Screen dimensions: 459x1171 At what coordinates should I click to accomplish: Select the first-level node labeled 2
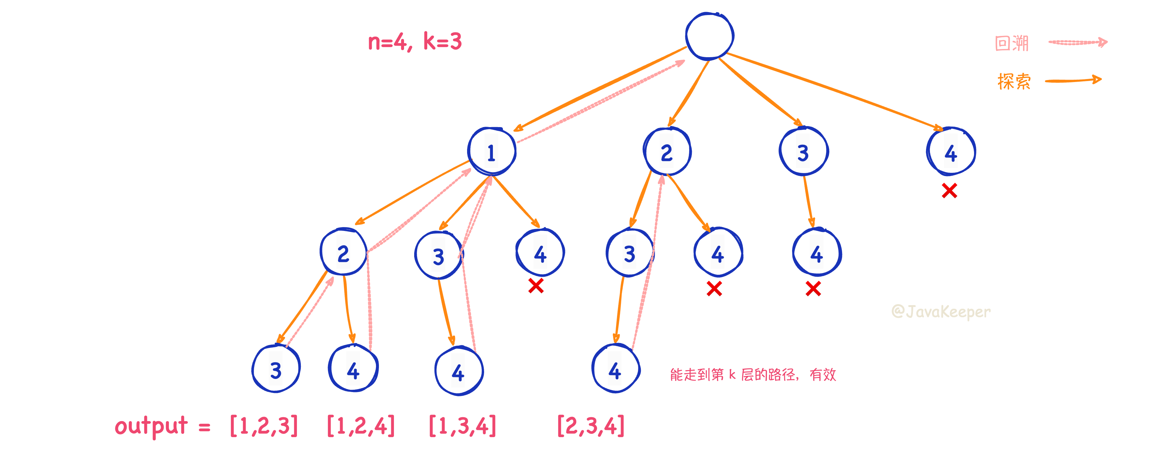pyautogui.click(x=667, y=152)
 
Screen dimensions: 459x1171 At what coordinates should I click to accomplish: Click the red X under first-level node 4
pyautogui.click(x=950, y=190)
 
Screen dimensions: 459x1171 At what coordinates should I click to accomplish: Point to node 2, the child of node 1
pyautogui.click(x=344, y=252)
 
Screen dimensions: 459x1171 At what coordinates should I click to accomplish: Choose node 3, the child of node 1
pyautogui.click(x=439, y=255)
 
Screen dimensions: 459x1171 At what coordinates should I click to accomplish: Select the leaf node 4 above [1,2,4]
pyautogui.click(x=353, y=369)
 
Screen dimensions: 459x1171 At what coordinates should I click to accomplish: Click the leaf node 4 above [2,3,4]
pyautogui.click(x=615, y=369)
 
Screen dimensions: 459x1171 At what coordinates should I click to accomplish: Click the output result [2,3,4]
pyautogui.click(x=591, y=426)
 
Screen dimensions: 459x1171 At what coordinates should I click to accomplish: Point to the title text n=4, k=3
pyautogui.click(x=415, y=42)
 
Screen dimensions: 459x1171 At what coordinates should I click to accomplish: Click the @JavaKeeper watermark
pyautogui.click(x=941, y=312)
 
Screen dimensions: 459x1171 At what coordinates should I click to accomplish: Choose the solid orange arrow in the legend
pyautogui.click(x=1073, y=80)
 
